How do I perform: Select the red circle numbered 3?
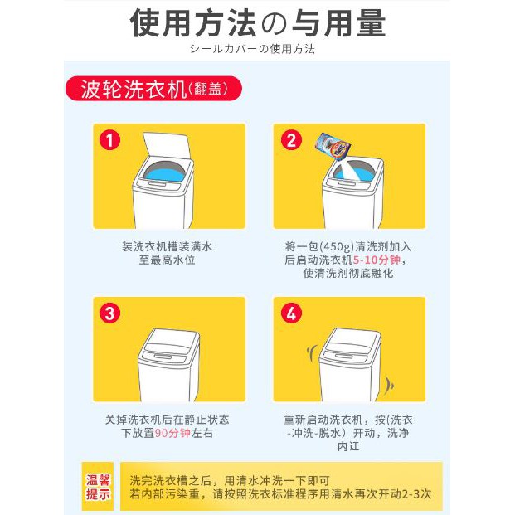point(109,313)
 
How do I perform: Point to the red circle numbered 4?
point(291,313)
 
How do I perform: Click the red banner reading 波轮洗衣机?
point(153,89)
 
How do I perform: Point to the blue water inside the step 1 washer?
point(164,173)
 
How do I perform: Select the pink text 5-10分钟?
point(377,260)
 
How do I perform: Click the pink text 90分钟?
point(172,433)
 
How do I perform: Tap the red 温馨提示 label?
point(98,487)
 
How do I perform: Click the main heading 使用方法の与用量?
point(257,22)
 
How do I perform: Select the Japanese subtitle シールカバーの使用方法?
point(252,49)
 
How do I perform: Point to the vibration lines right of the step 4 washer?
point(390,384)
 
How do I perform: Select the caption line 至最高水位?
point(167,260)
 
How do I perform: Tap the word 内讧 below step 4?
point(348,446)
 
